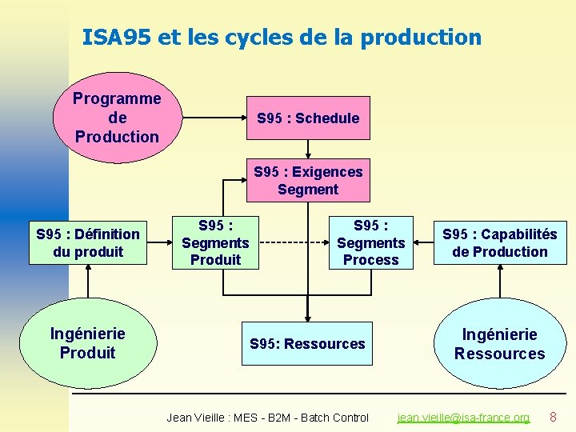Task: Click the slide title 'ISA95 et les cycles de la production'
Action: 282,38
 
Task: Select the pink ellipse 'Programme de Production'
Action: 117,118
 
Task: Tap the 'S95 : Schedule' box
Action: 308,118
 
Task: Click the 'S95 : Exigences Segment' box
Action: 308,181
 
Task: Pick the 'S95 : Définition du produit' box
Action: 88,243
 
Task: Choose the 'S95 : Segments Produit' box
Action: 215,242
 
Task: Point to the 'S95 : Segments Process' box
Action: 370,242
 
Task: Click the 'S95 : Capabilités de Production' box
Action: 499,243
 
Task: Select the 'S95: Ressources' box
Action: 307,344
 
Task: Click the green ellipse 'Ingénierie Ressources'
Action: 499,344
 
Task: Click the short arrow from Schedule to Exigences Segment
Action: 308,150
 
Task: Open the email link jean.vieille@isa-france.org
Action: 464,418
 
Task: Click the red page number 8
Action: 553,417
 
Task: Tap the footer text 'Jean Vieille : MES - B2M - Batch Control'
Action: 267,418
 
